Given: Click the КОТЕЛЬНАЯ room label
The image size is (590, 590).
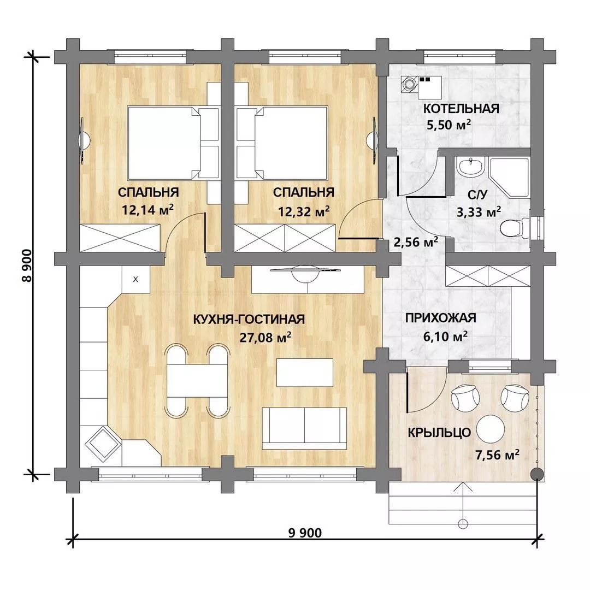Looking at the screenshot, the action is coord(461,109).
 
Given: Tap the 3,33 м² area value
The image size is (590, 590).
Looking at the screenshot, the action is coord(479,212).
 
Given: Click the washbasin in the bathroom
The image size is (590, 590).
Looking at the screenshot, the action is coord(470,167).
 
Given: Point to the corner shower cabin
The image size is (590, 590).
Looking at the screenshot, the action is coord(509,178).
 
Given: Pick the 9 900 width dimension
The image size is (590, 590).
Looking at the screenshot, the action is coord(305,533).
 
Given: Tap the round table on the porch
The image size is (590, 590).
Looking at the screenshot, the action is coord(490,429).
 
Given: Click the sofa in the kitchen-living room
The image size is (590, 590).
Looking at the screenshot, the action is coord(304,428).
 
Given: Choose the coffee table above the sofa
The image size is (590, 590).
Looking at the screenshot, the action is coord(305,373).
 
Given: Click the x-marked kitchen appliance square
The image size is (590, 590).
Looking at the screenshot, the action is coord(136,279).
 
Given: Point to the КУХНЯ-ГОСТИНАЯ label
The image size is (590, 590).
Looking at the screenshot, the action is coord(249,319).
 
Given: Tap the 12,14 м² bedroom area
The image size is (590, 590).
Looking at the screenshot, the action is coord(147,210).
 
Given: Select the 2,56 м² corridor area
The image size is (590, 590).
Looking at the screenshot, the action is coord(416,241).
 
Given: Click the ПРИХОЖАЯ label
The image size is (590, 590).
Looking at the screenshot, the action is coord(441,318).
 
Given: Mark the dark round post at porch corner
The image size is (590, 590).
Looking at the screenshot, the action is coord(537,474).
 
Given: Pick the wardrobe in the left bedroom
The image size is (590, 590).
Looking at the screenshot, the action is coord(120,238).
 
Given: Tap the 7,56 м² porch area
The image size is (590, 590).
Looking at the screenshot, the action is coord(498,455).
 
